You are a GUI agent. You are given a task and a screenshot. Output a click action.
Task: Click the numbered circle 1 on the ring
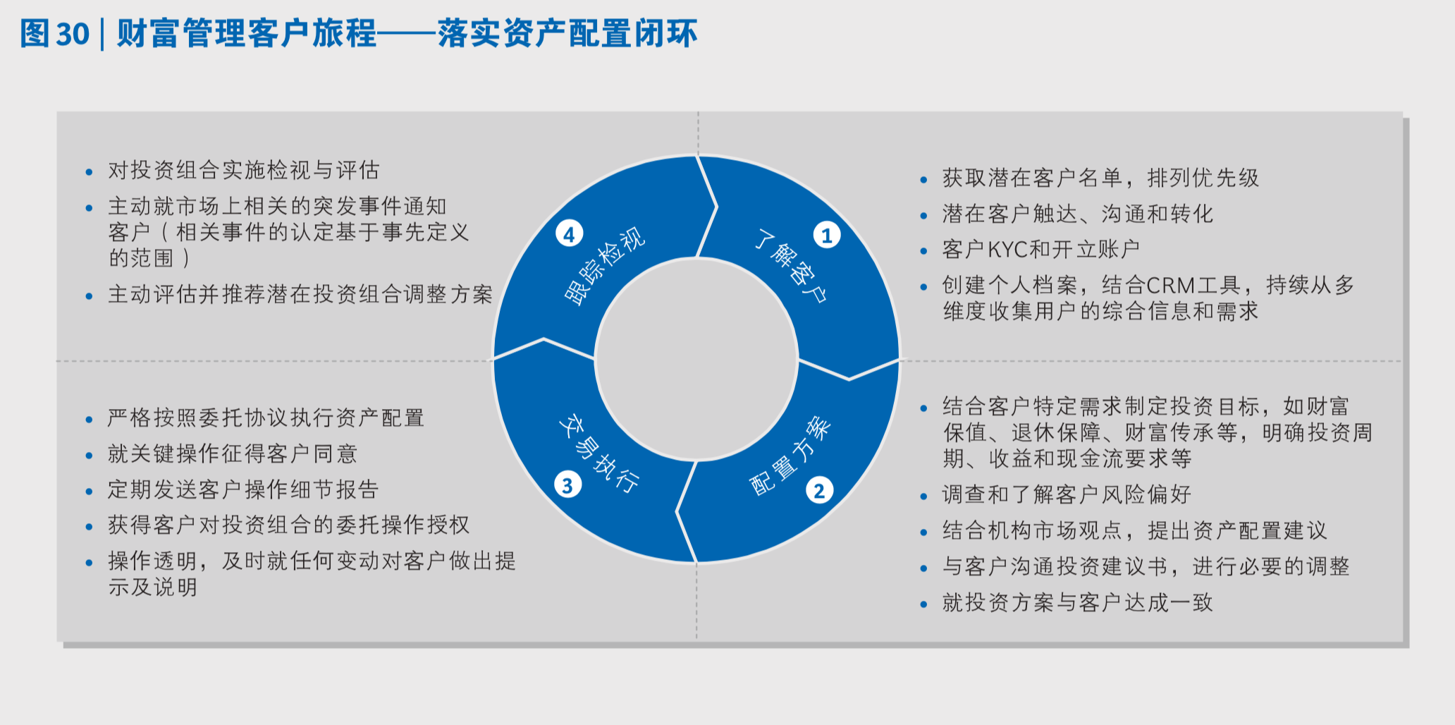(x=827, y=235)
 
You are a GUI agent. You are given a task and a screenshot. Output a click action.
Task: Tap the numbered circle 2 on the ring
(x=819, y=490)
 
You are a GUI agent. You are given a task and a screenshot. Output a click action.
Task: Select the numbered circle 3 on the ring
(x=567, y=485)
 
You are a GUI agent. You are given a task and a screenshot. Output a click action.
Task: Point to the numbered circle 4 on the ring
(x=569, y=233)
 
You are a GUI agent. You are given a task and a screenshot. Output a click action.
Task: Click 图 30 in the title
(x=54, y=33)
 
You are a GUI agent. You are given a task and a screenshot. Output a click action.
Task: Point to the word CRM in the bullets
(x=1170, y=285)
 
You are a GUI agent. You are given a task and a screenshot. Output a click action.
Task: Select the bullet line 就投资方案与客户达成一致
(x=1077, y=602)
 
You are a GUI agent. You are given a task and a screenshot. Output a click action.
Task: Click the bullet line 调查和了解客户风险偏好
(x=1066, y=494)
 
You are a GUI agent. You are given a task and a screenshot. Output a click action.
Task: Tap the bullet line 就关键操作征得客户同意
(x=233, y=453)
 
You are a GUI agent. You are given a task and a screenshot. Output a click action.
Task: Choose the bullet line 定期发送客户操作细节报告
(x=243, y=489)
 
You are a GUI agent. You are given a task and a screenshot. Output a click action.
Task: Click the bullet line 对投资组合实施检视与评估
(x=243, y=170)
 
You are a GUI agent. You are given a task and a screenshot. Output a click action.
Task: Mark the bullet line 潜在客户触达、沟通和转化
(x=1077, y=214)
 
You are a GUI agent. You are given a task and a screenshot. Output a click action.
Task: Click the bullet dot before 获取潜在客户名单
(x=923, y=180)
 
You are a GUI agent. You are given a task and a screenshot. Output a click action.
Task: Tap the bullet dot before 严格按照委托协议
(x=89, y=420)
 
